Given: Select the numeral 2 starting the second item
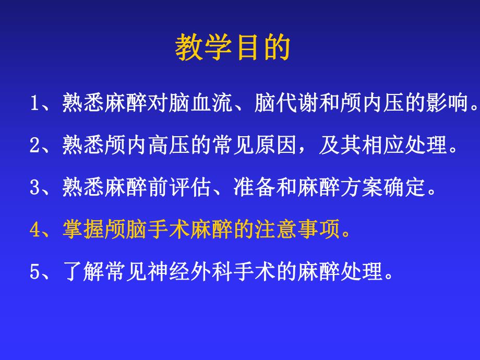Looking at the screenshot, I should pos(35,146).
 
